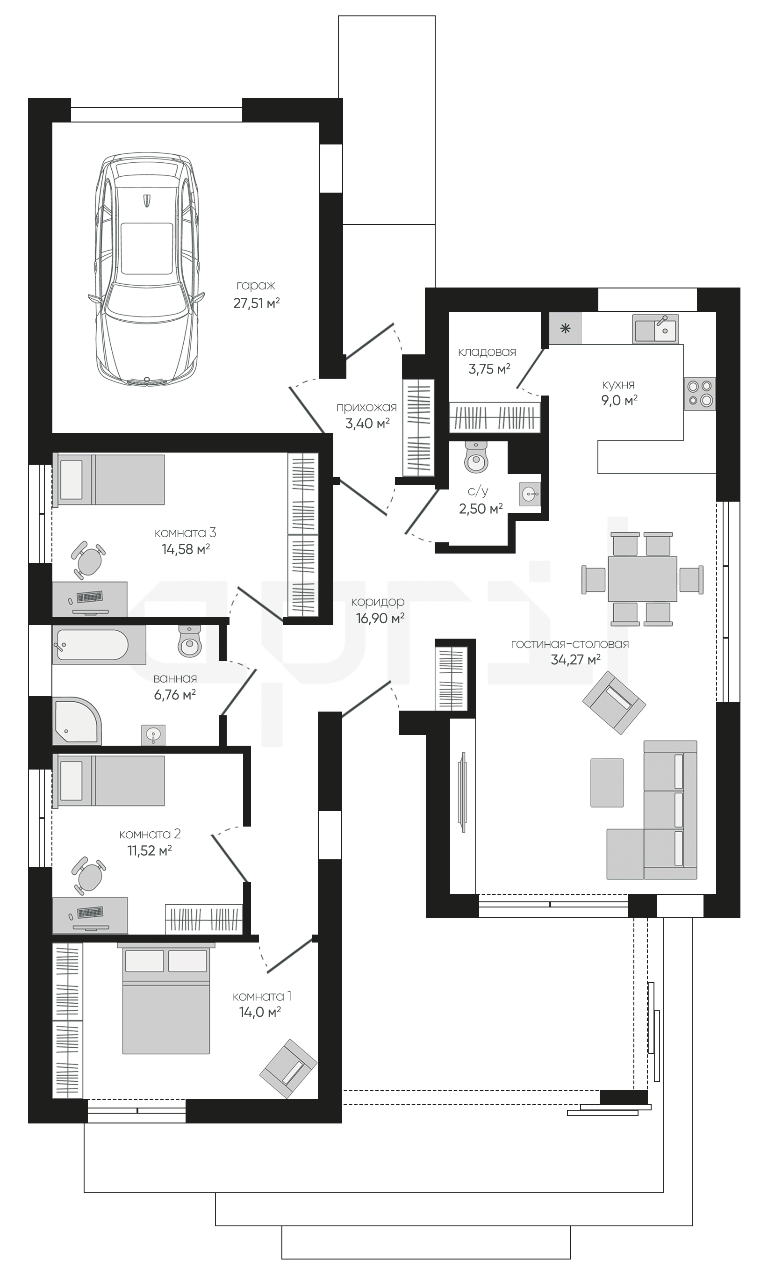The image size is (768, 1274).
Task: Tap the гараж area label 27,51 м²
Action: click(x=256, y=303)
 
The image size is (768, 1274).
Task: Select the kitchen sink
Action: click(x=655, y=328)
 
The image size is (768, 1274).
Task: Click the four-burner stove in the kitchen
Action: click(x=700, y=394)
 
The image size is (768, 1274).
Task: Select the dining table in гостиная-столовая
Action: click(x=642, y=579)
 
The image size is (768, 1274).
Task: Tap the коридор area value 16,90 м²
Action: click(x=380, y=618)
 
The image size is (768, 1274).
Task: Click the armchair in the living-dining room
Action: click(x=614, y=703)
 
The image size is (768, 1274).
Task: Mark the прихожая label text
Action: click(x=366, y=407)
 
